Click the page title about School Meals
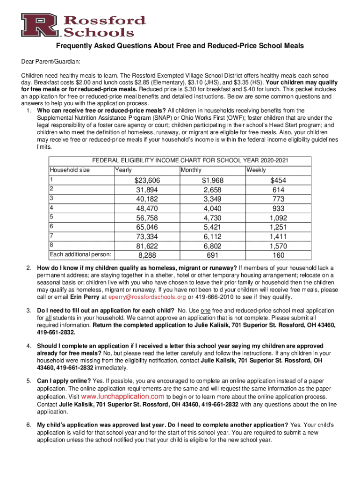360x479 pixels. [x=180, y=46]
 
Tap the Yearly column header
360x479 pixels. [x=123, y=170]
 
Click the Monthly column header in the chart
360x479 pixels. [x=191, y=170]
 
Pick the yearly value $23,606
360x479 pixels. [x=147, y=181]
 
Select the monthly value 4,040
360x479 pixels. [x=213, y=209]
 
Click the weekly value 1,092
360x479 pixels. [x=278, y=218]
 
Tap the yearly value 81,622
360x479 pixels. [x=147, y=246]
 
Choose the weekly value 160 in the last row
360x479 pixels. [x=278, y=255]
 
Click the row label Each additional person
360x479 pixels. [x=80, y=254]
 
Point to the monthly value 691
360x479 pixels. [x=213, y=255]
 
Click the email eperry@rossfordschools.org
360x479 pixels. [x=147, y=297]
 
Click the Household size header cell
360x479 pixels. [x=70, y=170]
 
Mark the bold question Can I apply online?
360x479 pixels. [x=65, y=380]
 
